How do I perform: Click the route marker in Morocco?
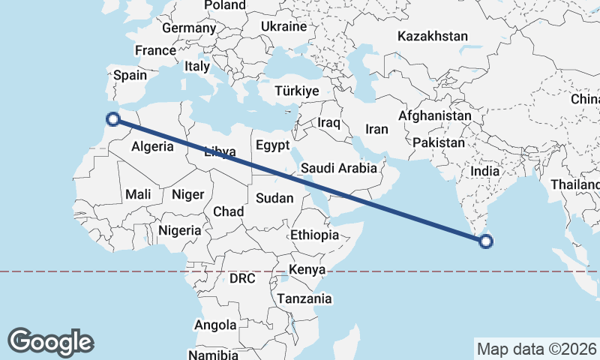tap(113, 118)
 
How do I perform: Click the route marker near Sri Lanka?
tap(486, 241)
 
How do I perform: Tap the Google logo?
tap(50, 341)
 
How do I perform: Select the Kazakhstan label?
tap(433, 36)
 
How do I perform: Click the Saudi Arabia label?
tap(338, 168)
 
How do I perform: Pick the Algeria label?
tap(152, 147)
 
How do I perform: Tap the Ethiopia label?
tap(315, 235)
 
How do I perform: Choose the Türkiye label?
tap(297, 91)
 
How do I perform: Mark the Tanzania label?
tap(304, 298)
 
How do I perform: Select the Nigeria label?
tap(179, 230)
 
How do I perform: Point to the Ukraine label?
tap(283, 26)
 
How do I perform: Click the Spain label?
tap(130, 75)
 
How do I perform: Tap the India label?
tap(484, 171)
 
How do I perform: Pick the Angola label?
tap(215, 325)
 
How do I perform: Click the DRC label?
tap(242, 278)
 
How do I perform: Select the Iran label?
tap(376, 129)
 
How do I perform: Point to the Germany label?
tap(188, 28)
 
